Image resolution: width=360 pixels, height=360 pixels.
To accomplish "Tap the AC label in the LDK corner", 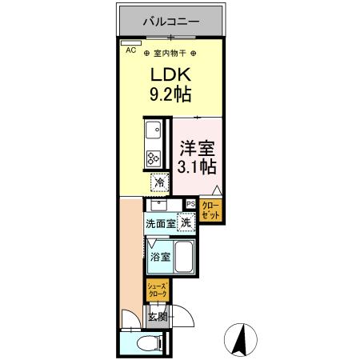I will coord(130,49).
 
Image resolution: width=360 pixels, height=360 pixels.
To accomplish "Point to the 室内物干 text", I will coord(170,54).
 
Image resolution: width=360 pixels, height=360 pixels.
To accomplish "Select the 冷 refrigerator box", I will coord(160,183).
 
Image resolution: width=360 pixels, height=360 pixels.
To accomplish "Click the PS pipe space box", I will coord(190,205).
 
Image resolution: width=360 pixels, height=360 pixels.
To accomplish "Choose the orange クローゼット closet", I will coord(211,210).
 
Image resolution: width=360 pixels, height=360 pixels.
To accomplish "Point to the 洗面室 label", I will coord(160,225).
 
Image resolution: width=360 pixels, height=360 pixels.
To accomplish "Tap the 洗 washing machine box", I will coord(186,224).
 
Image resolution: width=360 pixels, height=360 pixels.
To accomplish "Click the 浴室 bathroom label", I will coord(160,257).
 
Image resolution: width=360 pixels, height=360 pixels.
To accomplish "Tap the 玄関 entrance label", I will coord(158,318).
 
